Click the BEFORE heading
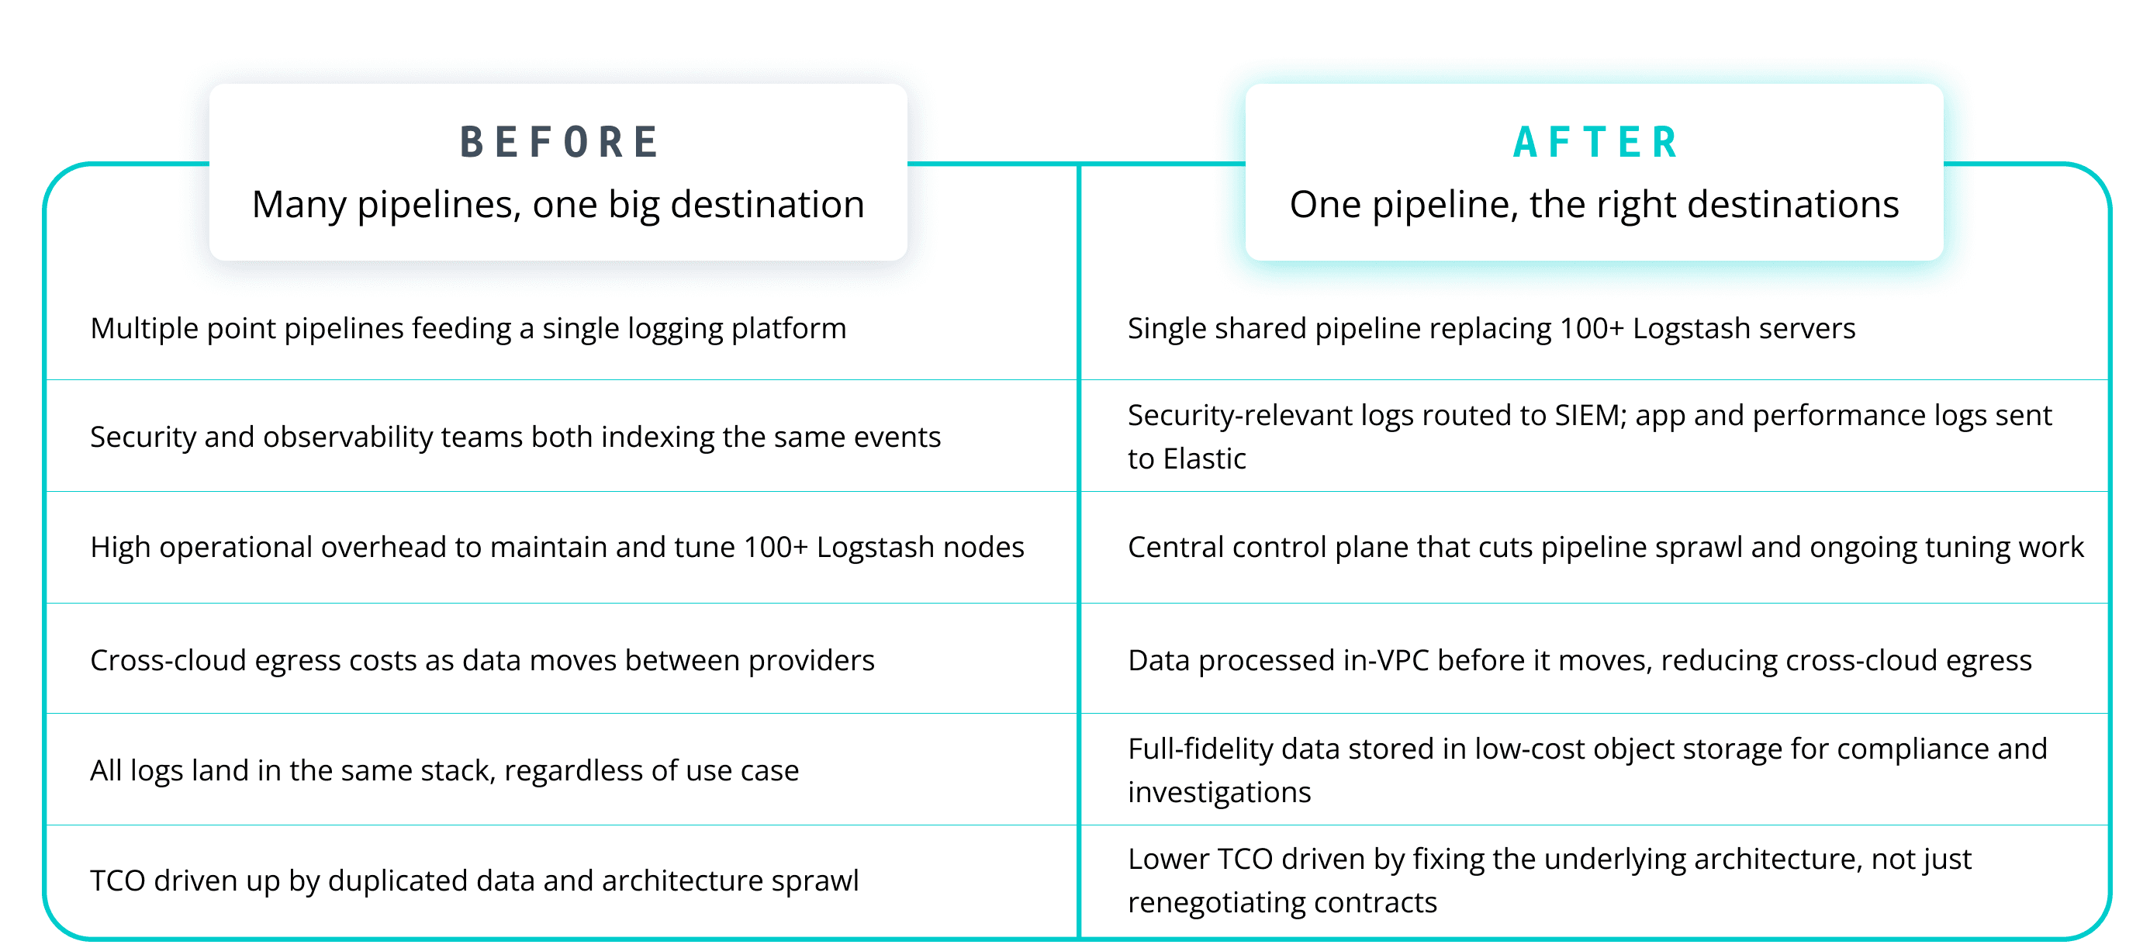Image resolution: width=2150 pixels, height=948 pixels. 559,142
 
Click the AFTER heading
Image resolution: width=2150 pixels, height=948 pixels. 1595,142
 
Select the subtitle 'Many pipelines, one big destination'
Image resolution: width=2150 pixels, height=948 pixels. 558,205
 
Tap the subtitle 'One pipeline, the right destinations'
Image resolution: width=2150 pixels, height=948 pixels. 1593,205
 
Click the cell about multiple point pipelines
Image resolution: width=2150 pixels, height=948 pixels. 468,329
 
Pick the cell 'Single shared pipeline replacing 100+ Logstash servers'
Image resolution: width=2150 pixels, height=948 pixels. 1491,329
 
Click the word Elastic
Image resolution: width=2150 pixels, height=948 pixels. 1205,459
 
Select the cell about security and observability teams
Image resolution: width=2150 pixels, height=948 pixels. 515,438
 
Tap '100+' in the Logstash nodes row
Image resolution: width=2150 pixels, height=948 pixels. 776,548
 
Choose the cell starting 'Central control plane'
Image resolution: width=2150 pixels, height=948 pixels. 1605,548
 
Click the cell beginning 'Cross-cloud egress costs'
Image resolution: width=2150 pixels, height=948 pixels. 482,661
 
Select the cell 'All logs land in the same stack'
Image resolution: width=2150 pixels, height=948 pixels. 444,771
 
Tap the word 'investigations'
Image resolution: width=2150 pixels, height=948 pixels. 1218,793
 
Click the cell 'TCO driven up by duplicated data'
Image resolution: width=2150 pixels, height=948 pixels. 474,881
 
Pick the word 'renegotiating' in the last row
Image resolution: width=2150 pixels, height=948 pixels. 1215,903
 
